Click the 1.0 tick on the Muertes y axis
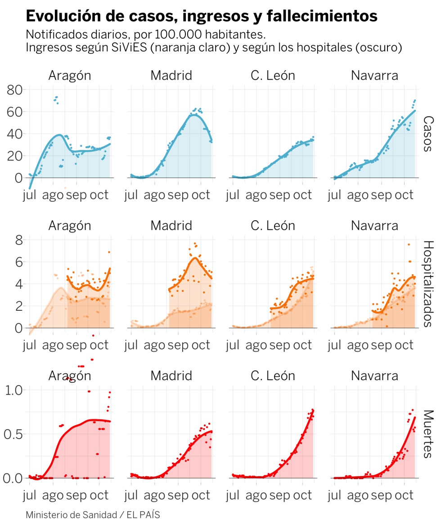pyautogui.click(x=15, y=390)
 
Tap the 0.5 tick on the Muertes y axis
pyautogui.click(x=15, y=434)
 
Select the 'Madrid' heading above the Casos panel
pyautogui.click(x=171, y=75)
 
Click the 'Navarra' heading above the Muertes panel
pyautogui.click(x=374, y=376)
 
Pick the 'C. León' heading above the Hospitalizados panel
pyautogui.click(x=273, y=225)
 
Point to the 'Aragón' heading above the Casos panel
pyautogui.click(x=70, y=75)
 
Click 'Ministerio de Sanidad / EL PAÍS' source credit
pyautogui.click(x=93, y=515)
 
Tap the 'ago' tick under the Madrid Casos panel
pyautogui.click(x=154, y=195)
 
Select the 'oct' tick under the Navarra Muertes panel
pyautogui.click(x=404, y=495)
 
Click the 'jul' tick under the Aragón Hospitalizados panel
pyautogui.click(x=29, y=345)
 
